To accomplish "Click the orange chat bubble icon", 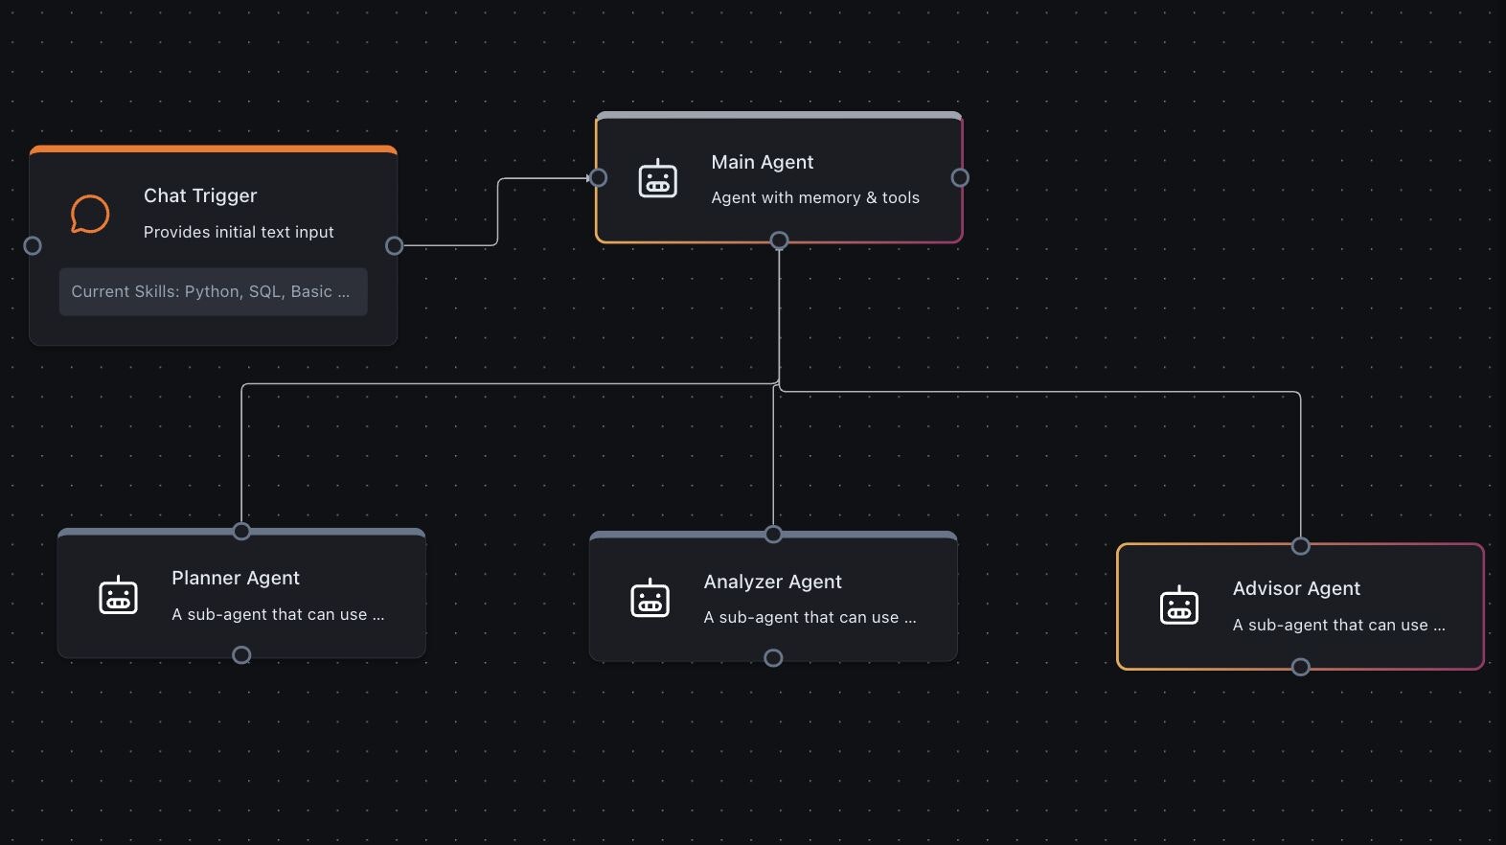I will [x=90, y=214].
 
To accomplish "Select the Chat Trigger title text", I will [x=200, y=195].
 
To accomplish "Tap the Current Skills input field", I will [x=213, y=292].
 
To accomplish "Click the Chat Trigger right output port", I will [x=394, y=246].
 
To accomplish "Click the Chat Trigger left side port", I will [x=33, y=246].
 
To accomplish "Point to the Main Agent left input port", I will [x=599, y=177].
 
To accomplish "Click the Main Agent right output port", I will [x=960, y=177].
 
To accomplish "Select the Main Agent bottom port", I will [x=779, y=240].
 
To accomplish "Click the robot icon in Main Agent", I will [x=658, y=179].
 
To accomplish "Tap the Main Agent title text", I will [x=762, y=162].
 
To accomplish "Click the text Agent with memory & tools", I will [x=814, y=197].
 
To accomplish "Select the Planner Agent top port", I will [x=241, y=532].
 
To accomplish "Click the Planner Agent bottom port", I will [x=241, y=654].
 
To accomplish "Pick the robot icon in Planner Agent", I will [x=119, y=596].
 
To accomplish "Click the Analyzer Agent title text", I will [x=772, y=582].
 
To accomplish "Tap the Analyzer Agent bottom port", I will [x=773, y=658].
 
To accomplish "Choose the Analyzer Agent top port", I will [x=773, y=535].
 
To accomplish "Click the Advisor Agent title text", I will [x=1295, y=588].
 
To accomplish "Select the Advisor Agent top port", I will [x=1300, y=546].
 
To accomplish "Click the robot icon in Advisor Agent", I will [x=1179, y=605].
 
